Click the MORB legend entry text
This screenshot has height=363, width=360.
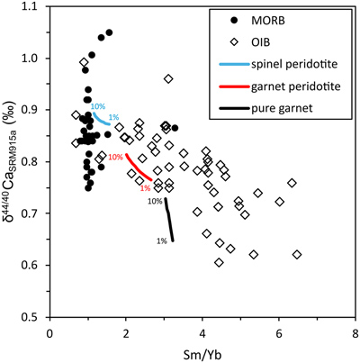coord(268,21)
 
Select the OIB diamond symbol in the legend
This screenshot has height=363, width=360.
coord(235,42)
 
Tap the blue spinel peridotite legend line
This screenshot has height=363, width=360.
coord(234,64)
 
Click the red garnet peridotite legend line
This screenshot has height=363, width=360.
coord(234,86)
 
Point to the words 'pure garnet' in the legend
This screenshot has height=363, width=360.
coord(282,108)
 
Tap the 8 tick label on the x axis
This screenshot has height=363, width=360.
coord(355,334)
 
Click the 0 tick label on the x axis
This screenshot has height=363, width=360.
coord(50,334)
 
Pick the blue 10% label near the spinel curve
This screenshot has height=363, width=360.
coord(98,106)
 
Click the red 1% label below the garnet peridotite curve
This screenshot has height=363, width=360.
coord(145,188)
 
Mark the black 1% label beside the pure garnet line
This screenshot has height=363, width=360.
coord(162,240)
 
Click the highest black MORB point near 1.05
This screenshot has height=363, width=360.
coord(109,32)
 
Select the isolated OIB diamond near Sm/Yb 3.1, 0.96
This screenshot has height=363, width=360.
coord(168,79)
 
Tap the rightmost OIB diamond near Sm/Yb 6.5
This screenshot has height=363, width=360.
coord(297,255)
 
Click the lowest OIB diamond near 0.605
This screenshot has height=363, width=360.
coord(219,262)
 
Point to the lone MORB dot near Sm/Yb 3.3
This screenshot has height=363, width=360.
coord(175,128)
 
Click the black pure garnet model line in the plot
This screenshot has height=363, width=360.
coord(169,219)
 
